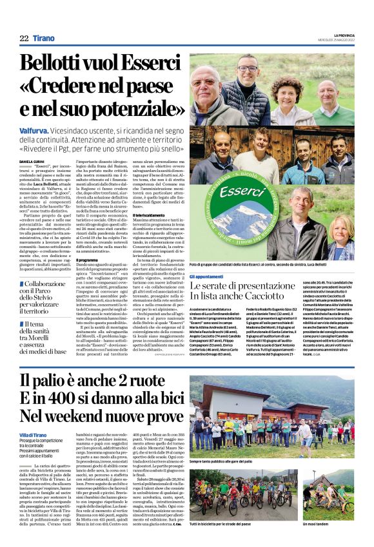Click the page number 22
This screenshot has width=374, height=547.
coord(24,39)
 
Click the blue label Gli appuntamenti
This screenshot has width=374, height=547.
coord(206,276)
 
